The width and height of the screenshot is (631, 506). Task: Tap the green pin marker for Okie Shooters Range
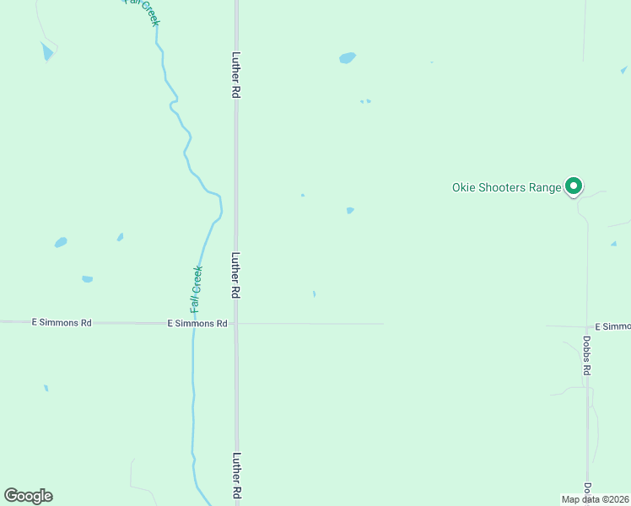574,186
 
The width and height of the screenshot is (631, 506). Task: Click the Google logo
29,496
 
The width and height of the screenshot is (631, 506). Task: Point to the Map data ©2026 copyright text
596,499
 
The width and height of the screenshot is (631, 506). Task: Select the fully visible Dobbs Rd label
586,356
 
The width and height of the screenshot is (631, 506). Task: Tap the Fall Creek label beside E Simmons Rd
197,289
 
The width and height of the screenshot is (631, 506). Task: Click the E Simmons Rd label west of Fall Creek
61,322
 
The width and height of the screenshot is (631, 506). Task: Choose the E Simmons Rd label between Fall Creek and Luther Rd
197,323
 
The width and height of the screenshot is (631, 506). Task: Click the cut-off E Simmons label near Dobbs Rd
612,326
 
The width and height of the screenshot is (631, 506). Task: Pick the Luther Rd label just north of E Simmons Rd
236,276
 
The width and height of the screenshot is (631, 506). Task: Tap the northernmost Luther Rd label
236,77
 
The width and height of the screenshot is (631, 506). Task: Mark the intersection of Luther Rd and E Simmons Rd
237,323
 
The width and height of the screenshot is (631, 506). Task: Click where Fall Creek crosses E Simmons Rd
193,323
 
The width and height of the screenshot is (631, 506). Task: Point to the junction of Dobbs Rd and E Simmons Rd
587,326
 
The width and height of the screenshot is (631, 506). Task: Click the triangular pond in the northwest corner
46,52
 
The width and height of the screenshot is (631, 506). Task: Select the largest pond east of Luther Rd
347,58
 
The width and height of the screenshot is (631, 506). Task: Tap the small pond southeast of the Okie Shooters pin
613,244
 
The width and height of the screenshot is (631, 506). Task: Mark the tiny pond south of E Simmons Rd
46,388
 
